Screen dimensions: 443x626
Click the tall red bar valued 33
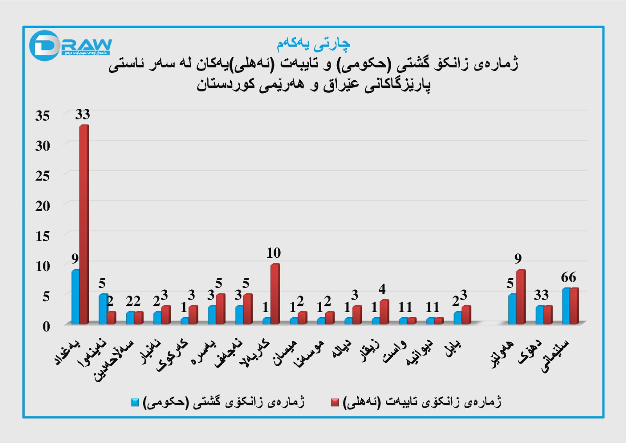click(84, 223)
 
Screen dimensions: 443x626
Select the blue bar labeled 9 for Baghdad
click(76, 297)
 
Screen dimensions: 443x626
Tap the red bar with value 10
click(275, 294)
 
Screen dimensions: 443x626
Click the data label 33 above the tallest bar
click(83, 114)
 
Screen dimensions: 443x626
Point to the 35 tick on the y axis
click(43, 116)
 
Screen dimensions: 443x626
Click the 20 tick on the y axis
click(43, 206)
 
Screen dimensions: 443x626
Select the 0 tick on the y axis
click(46, 326)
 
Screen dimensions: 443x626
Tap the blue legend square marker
click(135, 402)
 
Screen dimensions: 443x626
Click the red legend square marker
click(335, 402)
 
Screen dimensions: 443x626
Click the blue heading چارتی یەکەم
click(313, 44)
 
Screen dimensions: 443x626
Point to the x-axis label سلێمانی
click(556, 356)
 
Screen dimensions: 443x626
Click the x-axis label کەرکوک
click(173, 355)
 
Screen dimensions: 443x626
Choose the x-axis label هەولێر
click(503, 354)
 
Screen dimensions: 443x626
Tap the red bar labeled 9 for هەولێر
click(521, 297)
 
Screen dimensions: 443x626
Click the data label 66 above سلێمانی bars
click(568, 277)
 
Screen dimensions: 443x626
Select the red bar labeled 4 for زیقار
click(384, 312)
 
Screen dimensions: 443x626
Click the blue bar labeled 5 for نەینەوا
click(103, 309)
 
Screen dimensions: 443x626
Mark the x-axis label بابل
click(453, 348)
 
